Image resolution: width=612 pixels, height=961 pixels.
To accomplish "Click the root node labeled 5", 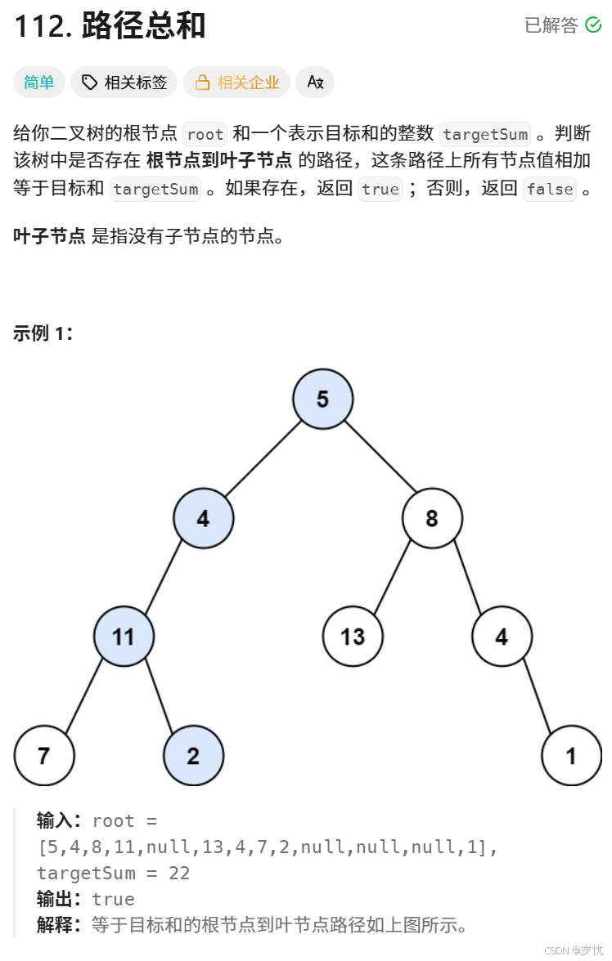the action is coord(322,399).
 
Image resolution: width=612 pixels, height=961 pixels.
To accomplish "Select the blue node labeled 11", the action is coord(124,637).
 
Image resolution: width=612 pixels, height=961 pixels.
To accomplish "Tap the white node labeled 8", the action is coord(432,518).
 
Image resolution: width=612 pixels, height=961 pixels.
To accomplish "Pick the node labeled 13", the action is coord(353,637).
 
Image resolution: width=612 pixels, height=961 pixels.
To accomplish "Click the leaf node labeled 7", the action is coord(44,755).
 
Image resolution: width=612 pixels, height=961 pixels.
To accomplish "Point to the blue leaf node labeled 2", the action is coord(193,755).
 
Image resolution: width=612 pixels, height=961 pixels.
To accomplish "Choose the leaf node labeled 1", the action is coord(571,755).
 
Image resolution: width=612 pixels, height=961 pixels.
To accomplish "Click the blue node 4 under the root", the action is coord(203,518).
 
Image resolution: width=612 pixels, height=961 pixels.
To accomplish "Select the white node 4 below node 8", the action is coord(502,637).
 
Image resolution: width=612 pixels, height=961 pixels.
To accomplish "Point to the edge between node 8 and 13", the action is coord(392,578).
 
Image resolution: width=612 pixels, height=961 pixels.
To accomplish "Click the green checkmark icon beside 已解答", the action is coord(593,25).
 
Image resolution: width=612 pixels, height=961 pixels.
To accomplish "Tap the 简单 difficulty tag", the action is coord(39,83).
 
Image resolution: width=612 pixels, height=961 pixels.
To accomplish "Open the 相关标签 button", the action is coord(124,83).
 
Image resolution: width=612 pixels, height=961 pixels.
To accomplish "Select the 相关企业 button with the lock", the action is coord(237,83).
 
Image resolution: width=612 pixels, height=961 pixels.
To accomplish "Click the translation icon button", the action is coord(315,83).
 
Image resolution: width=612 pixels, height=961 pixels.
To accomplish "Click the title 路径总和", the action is coord(144,27).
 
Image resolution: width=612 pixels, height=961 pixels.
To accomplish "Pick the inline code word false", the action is coord(550,190).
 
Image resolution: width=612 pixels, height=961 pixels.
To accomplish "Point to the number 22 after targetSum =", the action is coord(179,874).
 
